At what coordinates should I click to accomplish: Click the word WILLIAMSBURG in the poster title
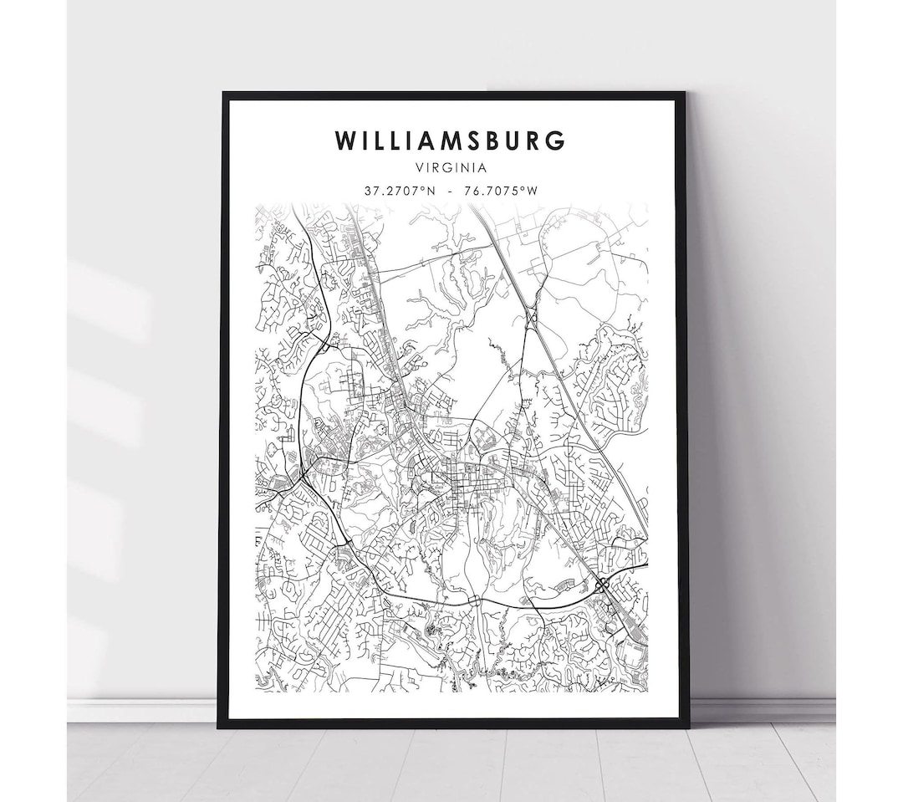(x=451, y=140)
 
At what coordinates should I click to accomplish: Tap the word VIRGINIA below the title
(x=451, y=167)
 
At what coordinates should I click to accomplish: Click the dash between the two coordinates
(x=451, y=191)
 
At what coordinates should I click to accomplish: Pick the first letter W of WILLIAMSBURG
(x=345, y=140)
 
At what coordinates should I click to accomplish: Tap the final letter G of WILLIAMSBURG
(x=555, y=140)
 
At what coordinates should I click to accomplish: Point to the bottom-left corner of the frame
(x=220, y=726)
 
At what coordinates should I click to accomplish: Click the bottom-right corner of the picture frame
(x=687, y=726)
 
